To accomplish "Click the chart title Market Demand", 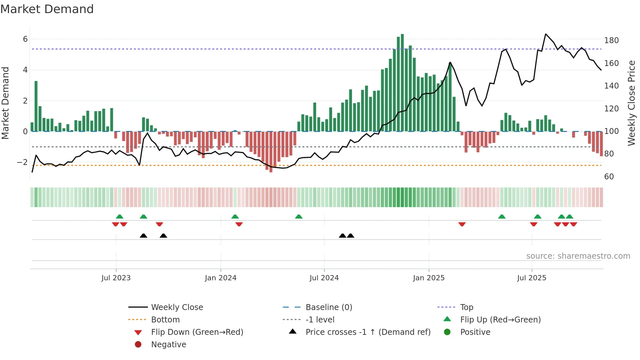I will (47, 9).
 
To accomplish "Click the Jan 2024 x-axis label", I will (220, 278).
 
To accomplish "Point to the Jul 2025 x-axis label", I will (532, 278).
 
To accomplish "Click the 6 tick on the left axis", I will (25, 39).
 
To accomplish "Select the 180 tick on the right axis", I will (611, 40).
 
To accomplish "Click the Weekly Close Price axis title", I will (632, 103).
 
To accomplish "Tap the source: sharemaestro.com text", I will (578, 256).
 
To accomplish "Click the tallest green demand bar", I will (402, 82).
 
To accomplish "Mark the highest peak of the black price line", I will (546, 34).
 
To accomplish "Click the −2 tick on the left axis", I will (23, 162).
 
